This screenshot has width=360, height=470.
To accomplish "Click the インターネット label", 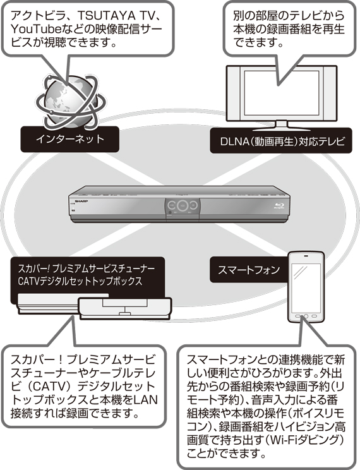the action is [x=70, y=139].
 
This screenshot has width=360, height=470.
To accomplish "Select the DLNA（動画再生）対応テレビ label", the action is [x=281, y=141].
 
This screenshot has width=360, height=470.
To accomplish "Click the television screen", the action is [x=281, y=94].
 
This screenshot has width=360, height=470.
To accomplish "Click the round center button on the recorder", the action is [x=182, y=205].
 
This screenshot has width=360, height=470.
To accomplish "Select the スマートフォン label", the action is [x=248, y=270].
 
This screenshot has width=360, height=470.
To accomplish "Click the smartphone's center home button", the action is [x=306, y=316].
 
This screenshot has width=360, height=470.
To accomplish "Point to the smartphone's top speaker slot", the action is [x=306, y=256].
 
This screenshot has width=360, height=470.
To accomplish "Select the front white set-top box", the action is [x=125, y=308].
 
